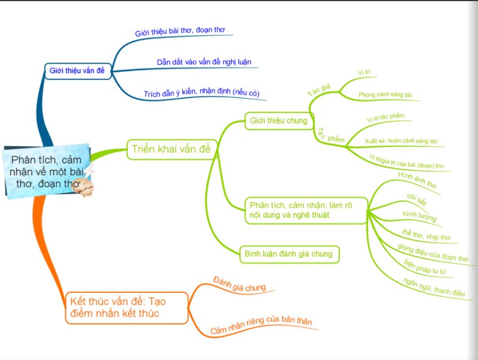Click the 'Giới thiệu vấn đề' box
tap(78, 71)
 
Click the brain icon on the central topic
tap(85, 187)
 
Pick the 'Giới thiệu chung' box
tap(279, 121)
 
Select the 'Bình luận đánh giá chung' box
tap(288, 253)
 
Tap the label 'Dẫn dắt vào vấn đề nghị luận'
tap(204, 62)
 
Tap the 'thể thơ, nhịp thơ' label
tap(426, 234)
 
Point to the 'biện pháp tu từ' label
tap(426, 266)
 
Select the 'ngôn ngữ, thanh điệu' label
tap(433, 286)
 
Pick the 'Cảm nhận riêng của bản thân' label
tap(261, 326)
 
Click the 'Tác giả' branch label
tap(318, 90)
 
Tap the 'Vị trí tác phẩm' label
tap(385, 118)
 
